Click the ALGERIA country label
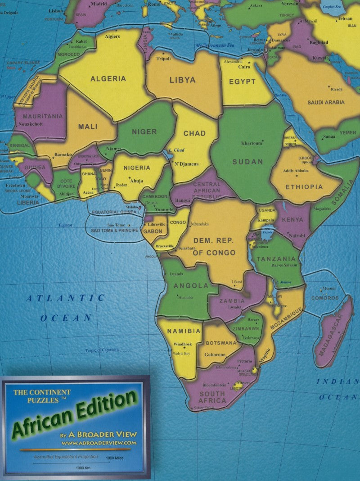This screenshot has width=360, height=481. [108, 79]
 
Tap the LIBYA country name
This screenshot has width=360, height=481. [182, 80]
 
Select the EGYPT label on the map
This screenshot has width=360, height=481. [242, 82]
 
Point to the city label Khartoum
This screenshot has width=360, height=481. [252, 143]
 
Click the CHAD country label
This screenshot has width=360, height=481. [194, 133]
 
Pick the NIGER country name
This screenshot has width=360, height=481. [144, 132]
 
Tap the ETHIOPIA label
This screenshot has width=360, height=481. [304, 187]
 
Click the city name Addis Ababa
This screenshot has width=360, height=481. [296, 171]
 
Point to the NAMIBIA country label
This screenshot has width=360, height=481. [184, 331]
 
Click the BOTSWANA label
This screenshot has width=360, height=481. [221, 343]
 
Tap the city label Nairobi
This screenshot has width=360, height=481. [297, 236]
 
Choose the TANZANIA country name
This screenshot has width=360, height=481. [276, 259]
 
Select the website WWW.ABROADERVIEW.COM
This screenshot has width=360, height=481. [99, 443]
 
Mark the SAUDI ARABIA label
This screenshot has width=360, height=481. [326, 103]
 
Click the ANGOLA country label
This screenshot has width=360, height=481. [191, 286]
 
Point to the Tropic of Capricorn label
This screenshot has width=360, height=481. [102, 350]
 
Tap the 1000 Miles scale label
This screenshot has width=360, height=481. [114, 458]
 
